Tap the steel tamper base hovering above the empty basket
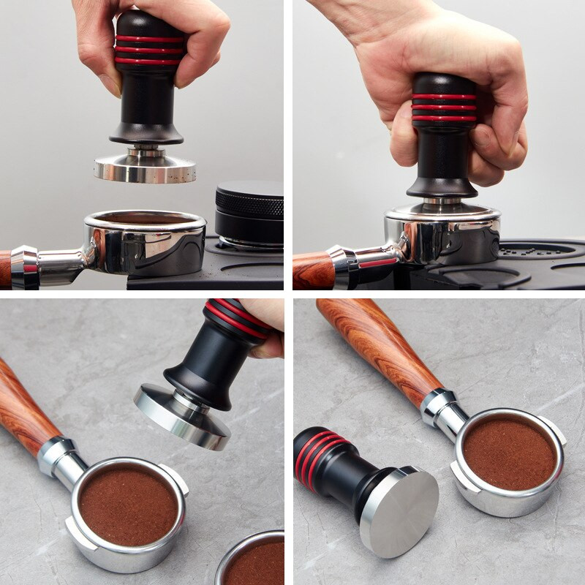(x=145, y=168)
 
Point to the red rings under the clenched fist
(x=444, y=107)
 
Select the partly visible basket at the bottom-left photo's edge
(x=252, y=559)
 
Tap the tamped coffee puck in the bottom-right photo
(x=509, y=453)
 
